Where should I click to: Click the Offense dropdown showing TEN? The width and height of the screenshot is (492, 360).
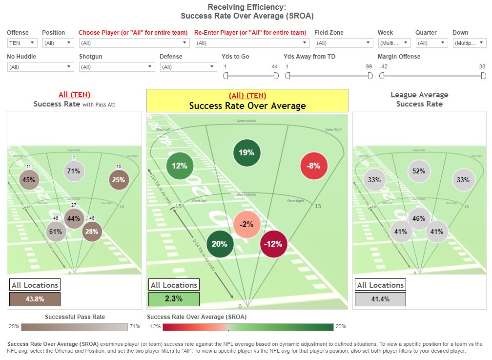(22, 43)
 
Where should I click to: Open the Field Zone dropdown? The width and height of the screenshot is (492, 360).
(344, 43)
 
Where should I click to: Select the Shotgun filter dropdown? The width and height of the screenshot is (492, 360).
(117, 67)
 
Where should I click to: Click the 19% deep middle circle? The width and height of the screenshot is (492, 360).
(246, 152)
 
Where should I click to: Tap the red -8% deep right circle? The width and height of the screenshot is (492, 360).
(314, 166)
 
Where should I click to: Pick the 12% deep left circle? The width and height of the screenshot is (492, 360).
(180, 166)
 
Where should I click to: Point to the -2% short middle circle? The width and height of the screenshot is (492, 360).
(246, 225)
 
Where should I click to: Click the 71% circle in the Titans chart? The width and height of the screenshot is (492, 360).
(74, 171)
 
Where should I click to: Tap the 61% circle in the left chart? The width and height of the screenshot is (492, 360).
(56, 232)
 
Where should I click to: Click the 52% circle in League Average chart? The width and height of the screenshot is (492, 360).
(419, 171)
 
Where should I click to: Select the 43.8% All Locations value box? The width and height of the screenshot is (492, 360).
(35, 299)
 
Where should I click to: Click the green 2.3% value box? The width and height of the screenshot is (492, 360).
(174, 299)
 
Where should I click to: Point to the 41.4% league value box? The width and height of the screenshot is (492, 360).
(380, 299)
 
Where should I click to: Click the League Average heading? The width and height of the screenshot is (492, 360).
(419, 95)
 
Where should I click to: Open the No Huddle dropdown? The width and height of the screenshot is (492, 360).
(41, 67)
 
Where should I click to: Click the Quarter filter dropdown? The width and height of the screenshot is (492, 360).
(431, 43)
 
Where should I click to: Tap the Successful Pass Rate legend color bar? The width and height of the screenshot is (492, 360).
(74, 327)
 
